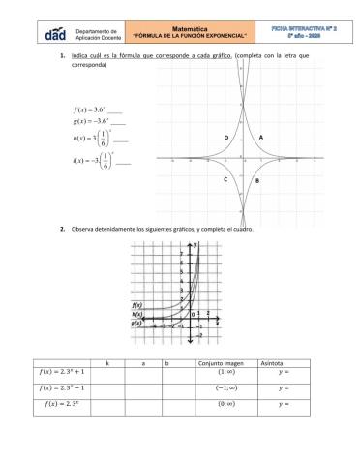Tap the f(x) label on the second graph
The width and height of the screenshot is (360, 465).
point(137,305)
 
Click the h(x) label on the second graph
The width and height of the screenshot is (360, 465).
point(137,314)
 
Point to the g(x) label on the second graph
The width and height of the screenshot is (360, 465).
point(137,323)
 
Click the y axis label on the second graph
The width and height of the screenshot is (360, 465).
point(195,246)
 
